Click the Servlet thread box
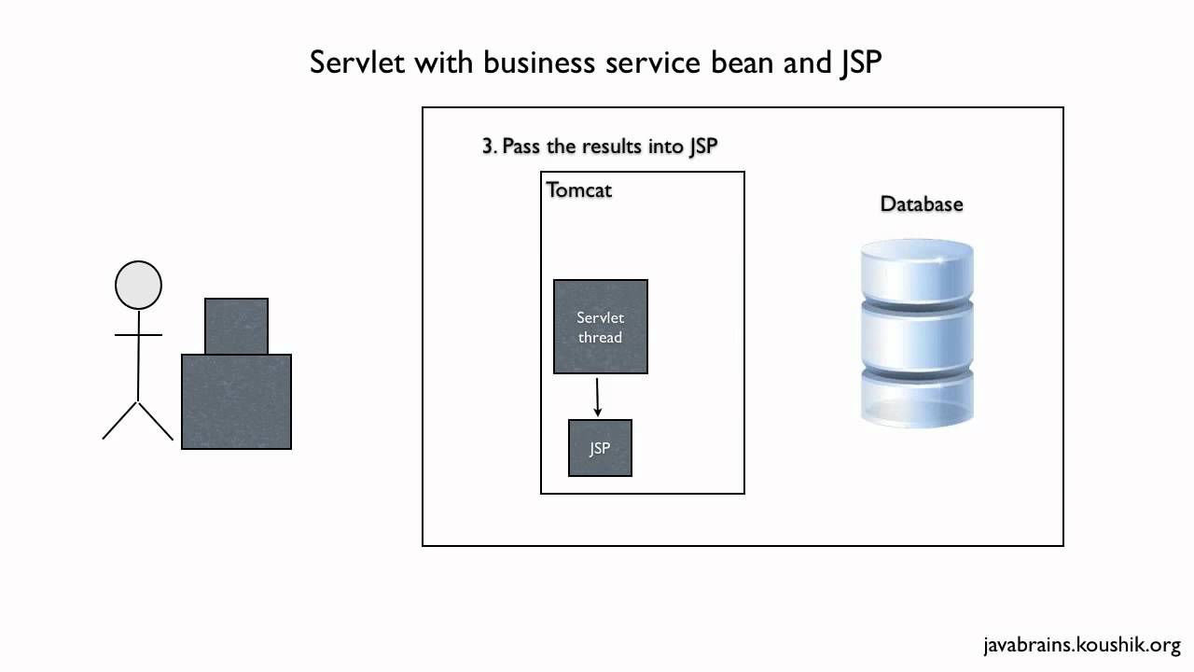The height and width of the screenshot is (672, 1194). [x=601, y=327]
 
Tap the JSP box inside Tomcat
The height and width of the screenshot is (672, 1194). [x=600, y=448]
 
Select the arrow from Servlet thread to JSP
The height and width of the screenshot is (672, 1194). [x=598, y=397]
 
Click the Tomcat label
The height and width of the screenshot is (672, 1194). [x=578, y=189]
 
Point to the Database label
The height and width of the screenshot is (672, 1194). [x=922, y=203]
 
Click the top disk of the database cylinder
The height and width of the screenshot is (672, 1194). [x=917, y=271]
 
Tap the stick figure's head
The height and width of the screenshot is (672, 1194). [x=138, y=285]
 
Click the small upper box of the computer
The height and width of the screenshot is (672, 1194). [x=236, y=326]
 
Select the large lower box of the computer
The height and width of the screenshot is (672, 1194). [x=236, y=401]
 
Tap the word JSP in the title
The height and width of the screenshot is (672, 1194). [x=857, y=63]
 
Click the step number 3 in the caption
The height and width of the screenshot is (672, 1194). [x=487, y=147]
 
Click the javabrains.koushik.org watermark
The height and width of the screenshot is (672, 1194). [x=1082, y=645]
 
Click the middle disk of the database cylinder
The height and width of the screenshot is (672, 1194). [x=917, y=336]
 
